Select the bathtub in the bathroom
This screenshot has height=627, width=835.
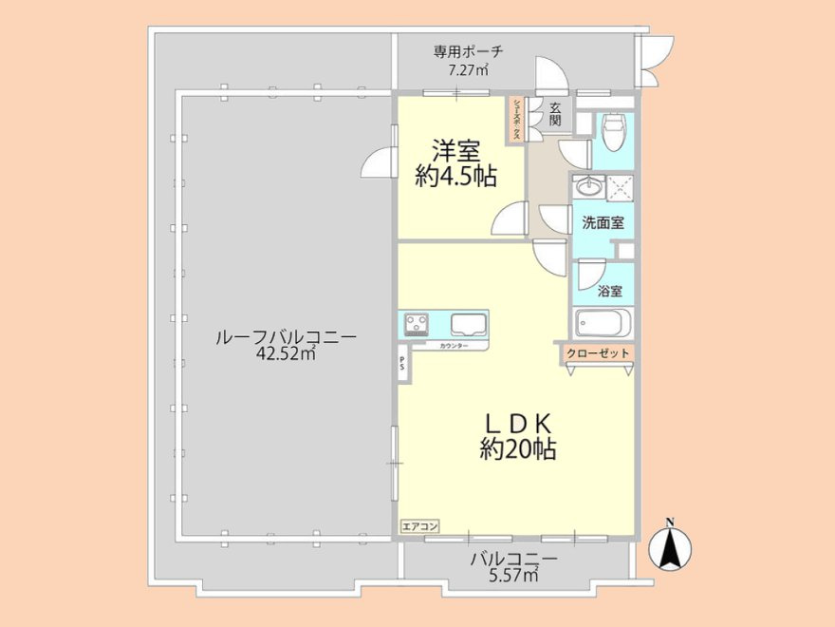[602, 324]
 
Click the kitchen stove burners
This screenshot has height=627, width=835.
[417, 325]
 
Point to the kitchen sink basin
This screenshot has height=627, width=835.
[468, 324]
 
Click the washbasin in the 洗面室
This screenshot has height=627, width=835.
[588, 186]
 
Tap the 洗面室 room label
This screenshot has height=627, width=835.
[603, 223]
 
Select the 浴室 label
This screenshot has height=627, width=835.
[610, 292]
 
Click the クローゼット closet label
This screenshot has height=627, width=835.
[598, 353]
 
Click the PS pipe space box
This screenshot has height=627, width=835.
[403, 363]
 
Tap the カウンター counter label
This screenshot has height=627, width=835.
[453, 346]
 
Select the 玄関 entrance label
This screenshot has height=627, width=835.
[555, 115]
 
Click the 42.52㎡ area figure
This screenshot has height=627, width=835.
[285, 354]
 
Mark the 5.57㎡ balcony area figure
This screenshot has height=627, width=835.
[513, 576]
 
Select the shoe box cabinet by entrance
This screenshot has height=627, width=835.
[517, 121]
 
